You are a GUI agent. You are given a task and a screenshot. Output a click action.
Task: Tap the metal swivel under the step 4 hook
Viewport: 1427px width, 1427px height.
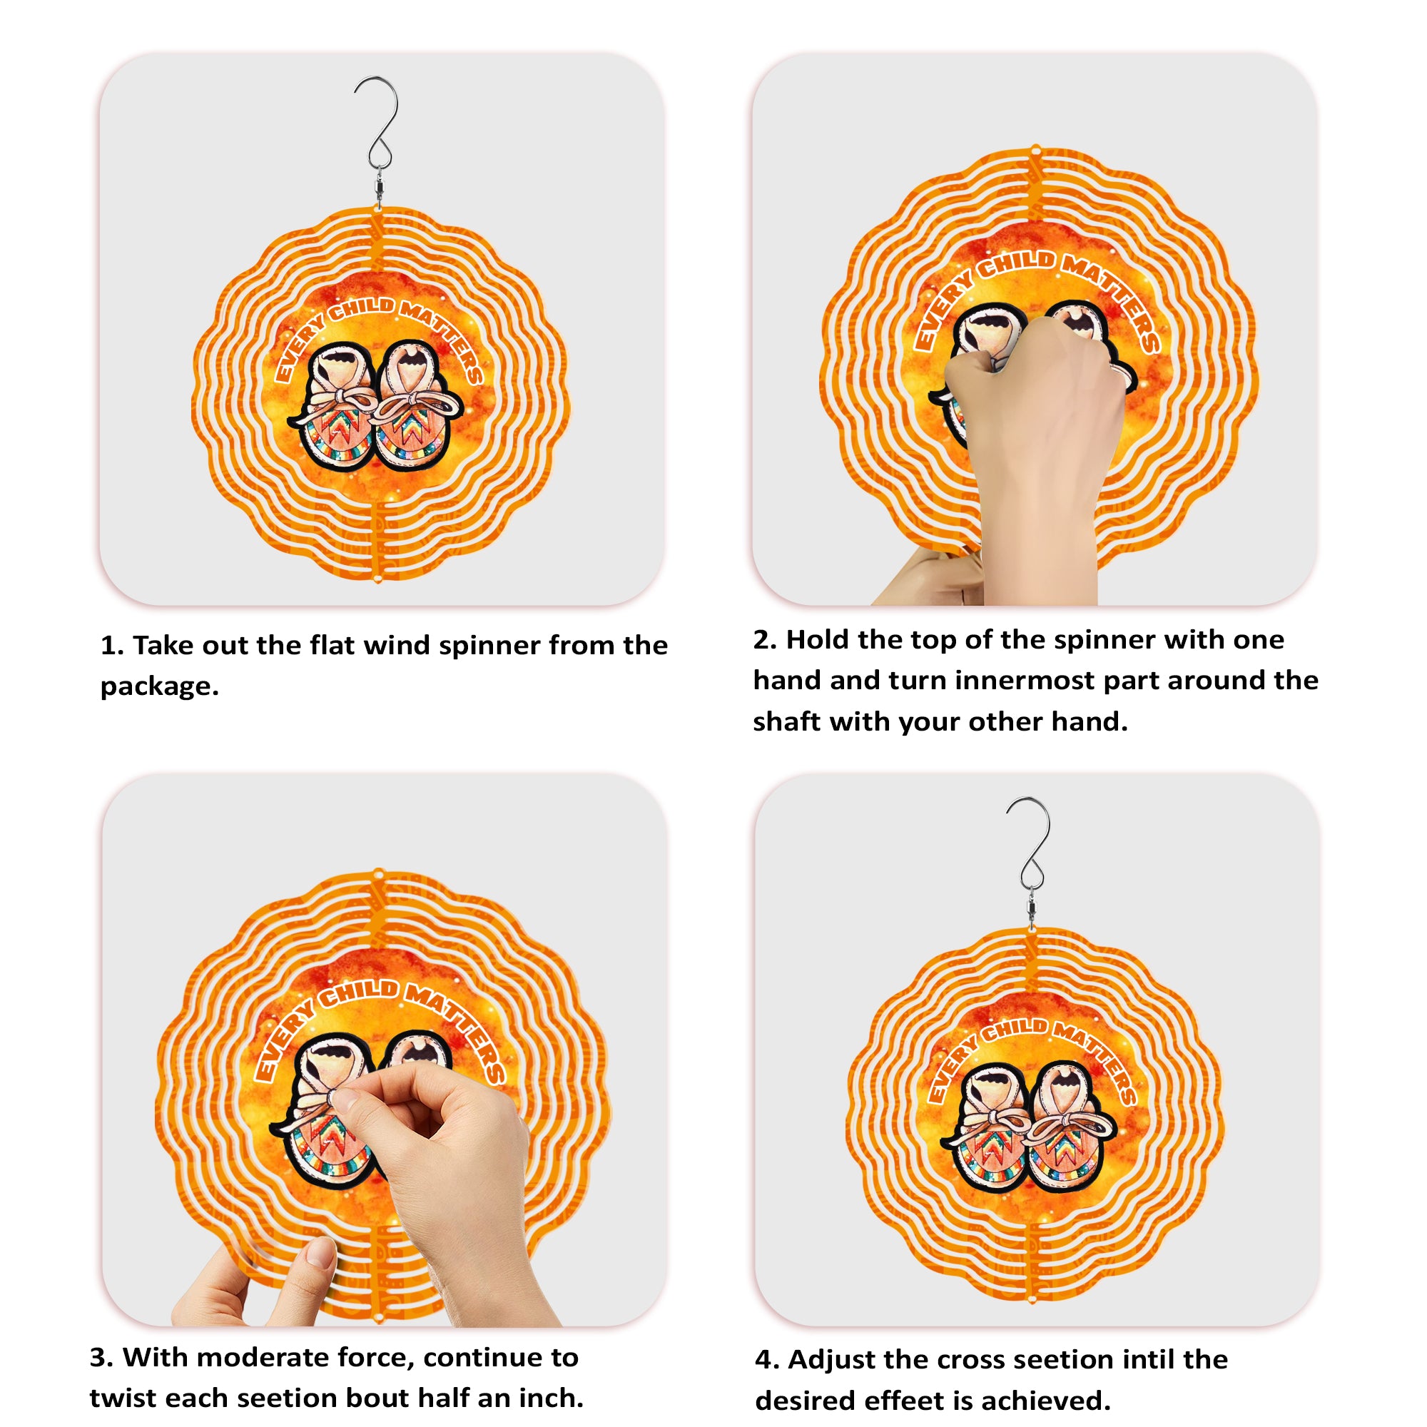coord(1031,911)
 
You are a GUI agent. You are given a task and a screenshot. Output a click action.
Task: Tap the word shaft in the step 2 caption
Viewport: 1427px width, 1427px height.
coord(786,721)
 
